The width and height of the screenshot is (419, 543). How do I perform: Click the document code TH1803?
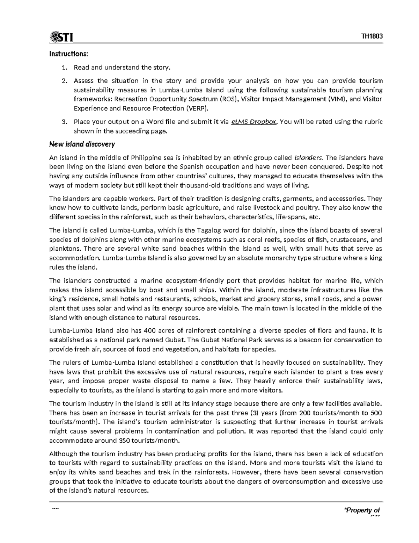[x=373, y=36]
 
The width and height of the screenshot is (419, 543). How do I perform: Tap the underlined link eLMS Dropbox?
[x=255, y=122]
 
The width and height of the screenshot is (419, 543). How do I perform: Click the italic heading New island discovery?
[x=82, y=144]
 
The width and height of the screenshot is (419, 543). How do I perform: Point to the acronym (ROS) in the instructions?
[x=229, y=99]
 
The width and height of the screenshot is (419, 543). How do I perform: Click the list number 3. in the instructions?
[x=64, y=122]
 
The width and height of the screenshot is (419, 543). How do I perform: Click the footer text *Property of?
[x=362, y=510]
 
